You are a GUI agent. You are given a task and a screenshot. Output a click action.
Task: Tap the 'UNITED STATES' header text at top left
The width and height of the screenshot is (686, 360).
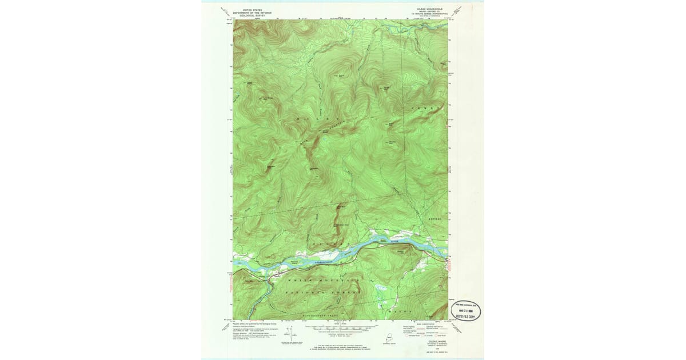tap(254, 10)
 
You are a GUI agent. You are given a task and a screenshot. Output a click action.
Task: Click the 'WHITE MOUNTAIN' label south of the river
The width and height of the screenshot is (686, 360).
tap(324, 281)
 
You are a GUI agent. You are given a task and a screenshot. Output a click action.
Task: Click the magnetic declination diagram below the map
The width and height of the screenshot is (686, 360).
tap(287, 337)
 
